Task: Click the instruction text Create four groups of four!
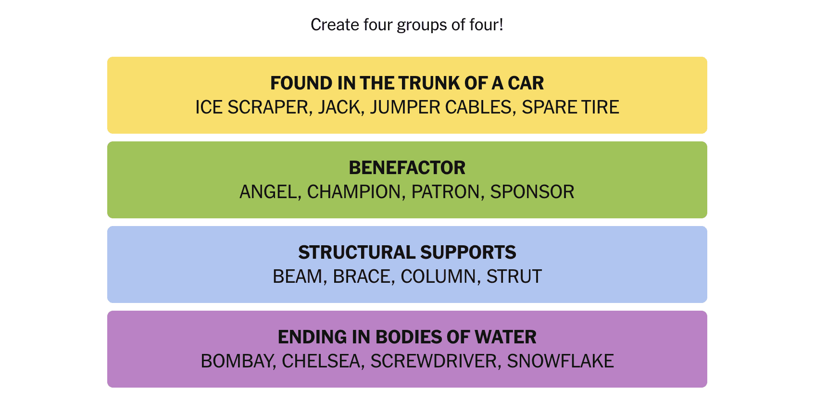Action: click(x=407, y=25)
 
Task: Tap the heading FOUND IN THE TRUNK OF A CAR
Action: click(x=407, y=83)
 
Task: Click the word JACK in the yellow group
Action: click(x=338, y=107)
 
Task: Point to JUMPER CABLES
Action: click(x=440, y=107)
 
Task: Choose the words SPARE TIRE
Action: click(x=570, y=107)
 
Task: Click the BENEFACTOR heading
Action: click(x=407, y=168)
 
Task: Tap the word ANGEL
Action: click(x=268, y=192)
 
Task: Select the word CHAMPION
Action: click(x=354, y=192)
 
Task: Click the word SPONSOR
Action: click(x=532, y=192)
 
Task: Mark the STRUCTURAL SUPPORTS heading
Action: click(x=407, y=252)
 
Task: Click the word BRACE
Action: click(x=362, y=277)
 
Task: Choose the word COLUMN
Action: click(x=438, y=277)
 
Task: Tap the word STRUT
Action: click(x=514, y=277)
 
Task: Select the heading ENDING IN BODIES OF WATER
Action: click(x=407, y=337)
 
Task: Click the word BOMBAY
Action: click(x=237, y=361)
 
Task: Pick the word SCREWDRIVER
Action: click(x=433, y=361)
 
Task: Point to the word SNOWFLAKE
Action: click(x=560, y=361)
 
